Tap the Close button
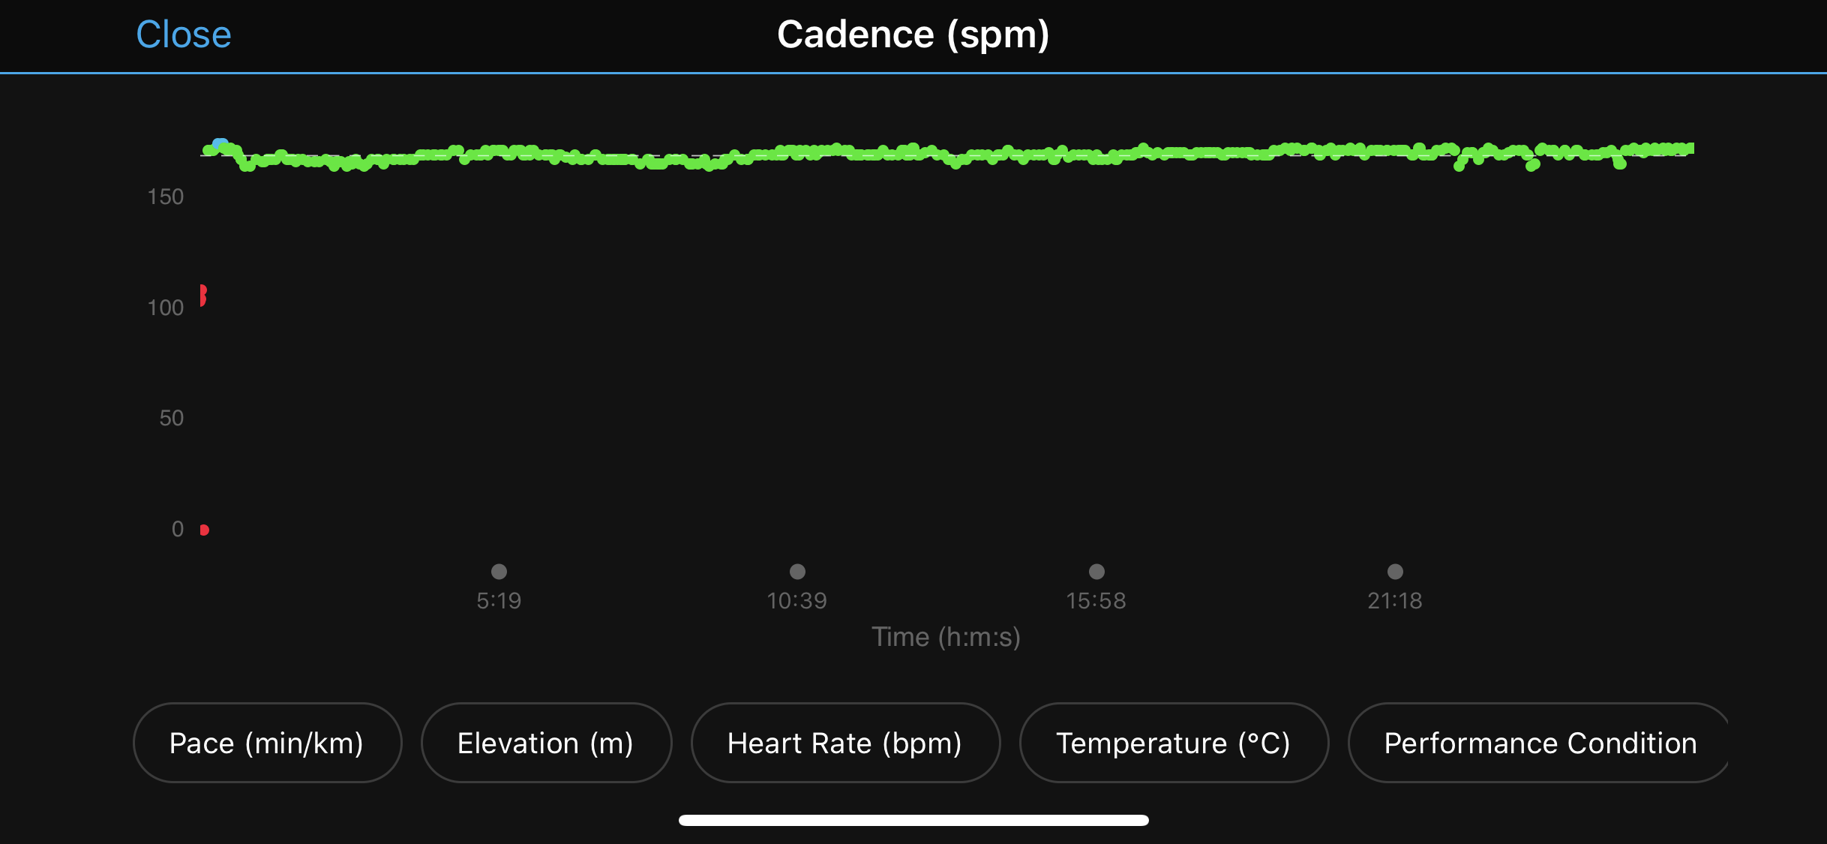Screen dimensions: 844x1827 pyautogui.click(x=184, y=35)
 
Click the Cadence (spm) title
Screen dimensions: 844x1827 pyautogui.click(x=913, y=35)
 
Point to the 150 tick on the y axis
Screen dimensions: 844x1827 pyautogui.click(x=166, y=197)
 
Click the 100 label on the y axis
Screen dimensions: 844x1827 pyautogui.click(x=166, y=308)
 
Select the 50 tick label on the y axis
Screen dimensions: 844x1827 pyautogui.click(x=171, y=418)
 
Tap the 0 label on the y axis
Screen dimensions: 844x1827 pyautogui.click(x=178, y=529)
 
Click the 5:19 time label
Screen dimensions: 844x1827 pyautogui.click(x=499, y=600)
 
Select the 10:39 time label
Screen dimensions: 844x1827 pyautogui.click(x=796, y=600)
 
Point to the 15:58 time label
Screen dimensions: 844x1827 pyautogui.click(x=1096, y=600)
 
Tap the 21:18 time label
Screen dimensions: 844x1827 pyautogui.click(x=1394, y=600)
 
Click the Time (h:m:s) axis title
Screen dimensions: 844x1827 pyautogui.click(x=946, y=637)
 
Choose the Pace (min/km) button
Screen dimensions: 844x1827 pyautogui.click(x=267, y=743)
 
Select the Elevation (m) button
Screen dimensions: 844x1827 pyautogui.click(x=546, y=743)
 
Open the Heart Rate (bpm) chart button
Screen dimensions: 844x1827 pyautogui.click(x=845, y=743)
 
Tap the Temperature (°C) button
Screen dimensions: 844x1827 pyautogui.click(x=1174, y=743)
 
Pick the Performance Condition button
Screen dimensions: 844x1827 pyautogui.click(x=1540, y=743)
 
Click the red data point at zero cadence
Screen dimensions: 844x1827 pyautogui.click(x=204, y=530)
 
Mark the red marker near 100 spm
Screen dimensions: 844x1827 pyautogui.click(x=202, y=295)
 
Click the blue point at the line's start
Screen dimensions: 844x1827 pyautogui.click(x=220, y=144)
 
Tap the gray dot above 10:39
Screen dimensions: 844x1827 pyautogui.click(x=797, y=572)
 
